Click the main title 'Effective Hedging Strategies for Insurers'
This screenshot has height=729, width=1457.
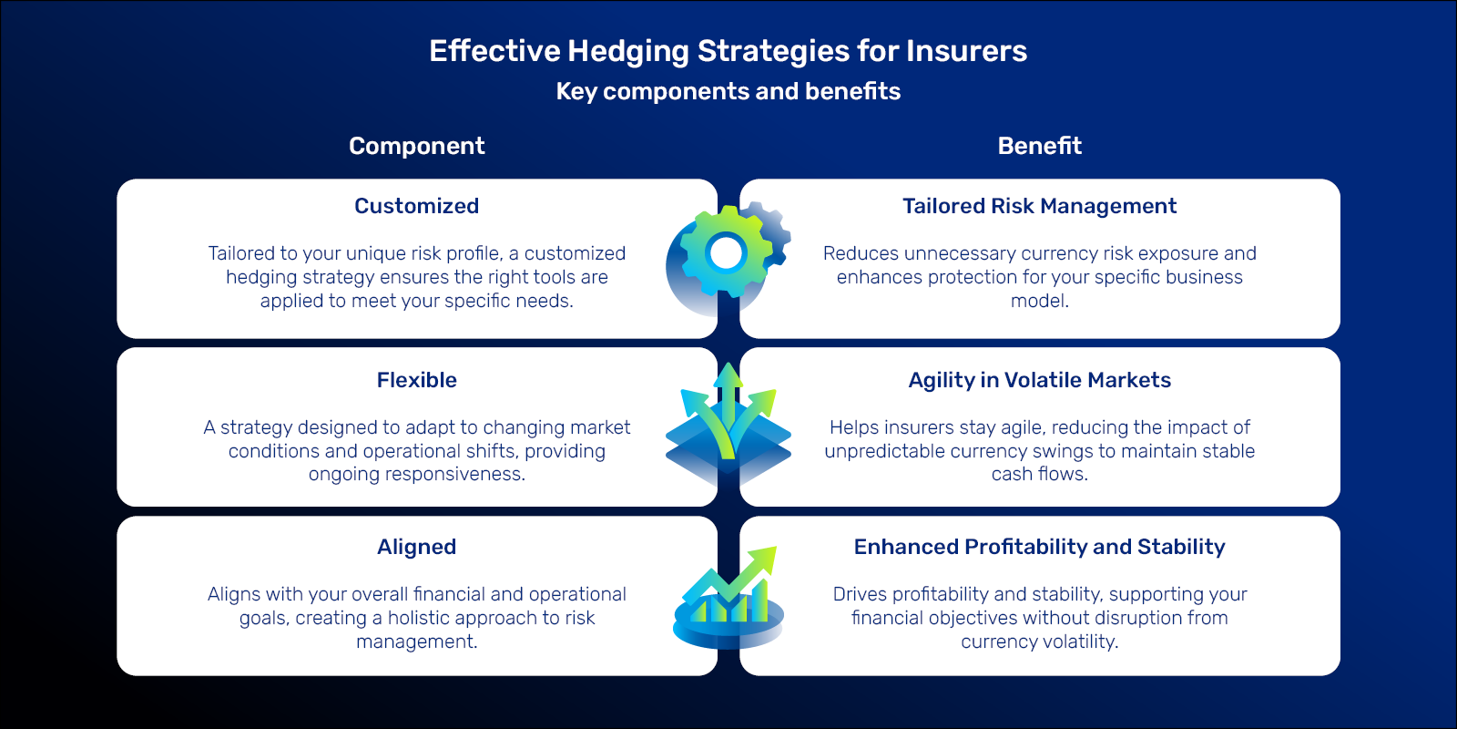pyautogui.click(x=728, y=51)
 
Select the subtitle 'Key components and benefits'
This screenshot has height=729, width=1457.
pyautogui.click(x=728, y=92)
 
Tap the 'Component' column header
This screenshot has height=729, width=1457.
pyautogui.click(x=417, y=147)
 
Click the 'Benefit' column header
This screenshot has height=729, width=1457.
pyautogui.click(x=1039, y=146)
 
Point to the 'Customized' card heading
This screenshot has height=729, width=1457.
pyautogui.click(x=417, y=206)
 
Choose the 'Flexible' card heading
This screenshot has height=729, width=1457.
pyautogui.click(x=417, y=379)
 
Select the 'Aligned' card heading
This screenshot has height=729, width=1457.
pyautogui.click(x=417, y=548)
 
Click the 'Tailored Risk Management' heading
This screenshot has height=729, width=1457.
pyautogui.click(x=1039, y=206)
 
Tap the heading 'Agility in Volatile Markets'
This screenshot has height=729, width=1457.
pyautogui.click(x=1039, y=380)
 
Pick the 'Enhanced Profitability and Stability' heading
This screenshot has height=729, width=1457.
pyautogui.click(x=1039, y=547)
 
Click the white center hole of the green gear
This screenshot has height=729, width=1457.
pyautogui.click(x=726, y=253)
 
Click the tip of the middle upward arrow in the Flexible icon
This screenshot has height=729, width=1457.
pyautogui.click(x=728, y=364)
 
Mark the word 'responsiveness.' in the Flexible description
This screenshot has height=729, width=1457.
pyautogui.click(x=417, y=475)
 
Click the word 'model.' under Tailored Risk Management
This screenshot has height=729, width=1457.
pyautogui.click(x=1039, y=301)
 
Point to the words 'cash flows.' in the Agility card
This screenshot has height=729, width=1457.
pyautogui.click(x=1039, y=474)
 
